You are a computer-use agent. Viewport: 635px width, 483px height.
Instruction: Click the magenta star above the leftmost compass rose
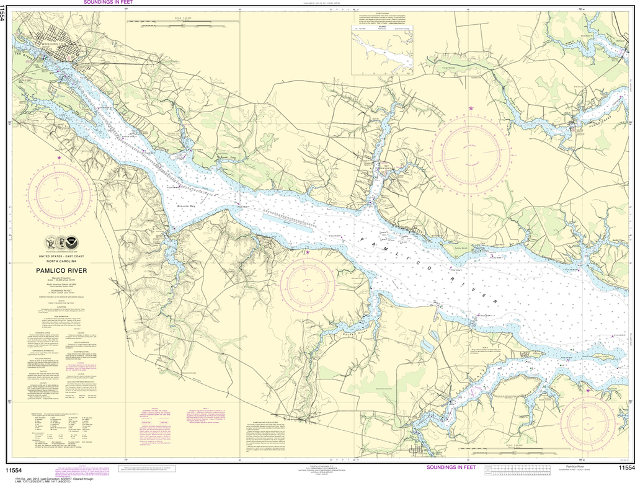pyautogui.click(x=60, y=158)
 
